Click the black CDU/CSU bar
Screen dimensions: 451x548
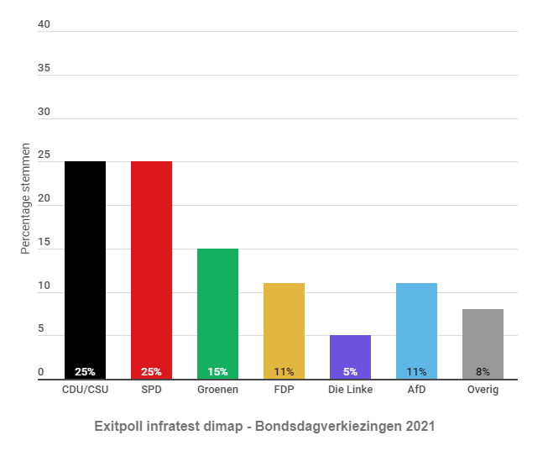[85, 269]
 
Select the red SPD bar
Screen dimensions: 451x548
[151, 269]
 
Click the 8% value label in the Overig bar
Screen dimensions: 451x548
[483, 371]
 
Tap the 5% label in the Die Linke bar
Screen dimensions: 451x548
[350, 371]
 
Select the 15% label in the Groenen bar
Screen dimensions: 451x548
[217, 371]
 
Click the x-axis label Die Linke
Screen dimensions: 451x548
[350, 390]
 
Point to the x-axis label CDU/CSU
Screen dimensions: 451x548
[85, 390]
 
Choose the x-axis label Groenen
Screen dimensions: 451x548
[217, 390]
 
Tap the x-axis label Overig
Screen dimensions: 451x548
[483, 390]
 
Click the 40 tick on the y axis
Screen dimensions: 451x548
[44, 24]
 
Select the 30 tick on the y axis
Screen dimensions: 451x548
[44, 112]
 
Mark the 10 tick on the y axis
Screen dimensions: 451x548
[44, 286]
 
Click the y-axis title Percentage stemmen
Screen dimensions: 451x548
[26, 198]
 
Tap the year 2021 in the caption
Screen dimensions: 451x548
[420, 427]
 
